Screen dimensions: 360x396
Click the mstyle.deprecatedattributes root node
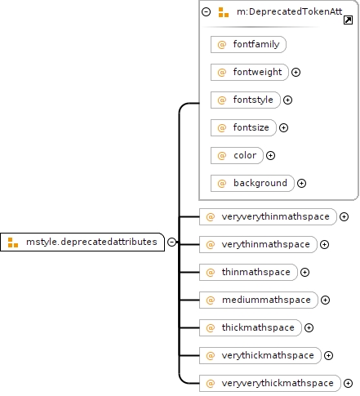point(82,242)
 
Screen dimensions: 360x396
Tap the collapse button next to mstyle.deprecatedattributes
point(171,242)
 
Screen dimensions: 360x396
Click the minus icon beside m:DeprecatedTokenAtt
point(206,11)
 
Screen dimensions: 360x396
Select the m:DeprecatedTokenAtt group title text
point(289,11)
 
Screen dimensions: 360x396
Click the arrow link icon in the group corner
point(348,20)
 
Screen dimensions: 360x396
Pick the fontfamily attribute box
point(248,44)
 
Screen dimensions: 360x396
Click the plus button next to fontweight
point(296,72)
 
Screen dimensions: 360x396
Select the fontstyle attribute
point(246,100)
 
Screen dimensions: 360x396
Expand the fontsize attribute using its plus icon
point(283,127)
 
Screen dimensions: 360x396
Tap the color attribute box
point(237,155)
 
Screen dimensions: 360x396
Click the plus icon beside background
point(301,183)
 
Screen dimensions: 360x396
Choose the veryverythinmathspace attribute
point(268,216)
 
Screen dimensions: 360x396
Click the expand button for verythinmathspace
point(324,244)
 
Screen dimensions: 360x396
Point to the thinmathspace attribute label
point(256,272)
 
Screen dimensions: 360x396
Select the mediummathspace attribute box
point(259,300)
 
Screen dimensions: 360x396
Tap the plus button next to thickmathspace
point(309,327)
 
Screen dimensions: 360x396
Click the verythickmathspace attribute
point(260,355)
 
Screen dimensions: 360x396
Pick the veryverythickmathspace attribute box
point(270,383)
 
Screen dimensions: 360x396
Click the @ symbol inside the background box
point(222,183)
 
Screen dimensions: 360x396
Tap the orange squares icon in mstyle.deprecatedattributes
point(13,242)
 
